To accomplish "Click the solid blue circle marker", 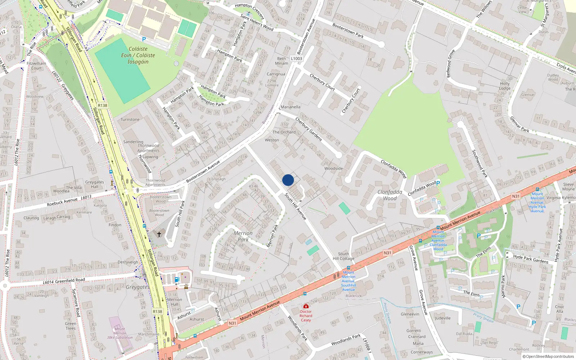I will pos(288,180).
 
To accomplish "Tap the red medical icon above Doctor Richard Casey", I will pos(306,306).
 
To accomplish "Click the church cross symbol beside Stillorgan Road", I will pos(159,234).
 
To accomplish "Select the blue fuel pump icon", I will pos(176,279).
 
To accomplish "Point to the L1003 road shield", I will pos(297,58).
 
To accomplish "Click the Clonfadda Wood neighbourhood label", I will pos(390,195).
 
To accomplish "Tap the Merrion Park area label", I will pos(243,236).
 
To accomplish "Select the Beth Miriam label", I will pos(282,61).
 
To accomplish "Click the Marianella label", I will pos(290,107).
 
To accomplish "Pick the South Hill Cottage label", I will pos(343,256).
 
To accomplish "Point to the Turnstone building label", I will pos(130,120).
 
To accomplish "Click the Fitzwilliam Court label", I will pos(36,66).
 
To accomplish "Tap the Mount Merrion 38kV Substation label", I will pos(120,333).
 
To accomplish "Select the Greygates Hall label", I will pos(95,184).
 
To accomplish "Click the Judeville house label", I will pos(442,318).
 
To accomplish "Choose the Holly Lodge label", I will pos(505,86).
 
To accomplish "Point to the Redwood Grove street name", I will pos(451,63).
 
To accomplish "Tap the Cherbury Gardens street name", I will pos(309,129).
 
